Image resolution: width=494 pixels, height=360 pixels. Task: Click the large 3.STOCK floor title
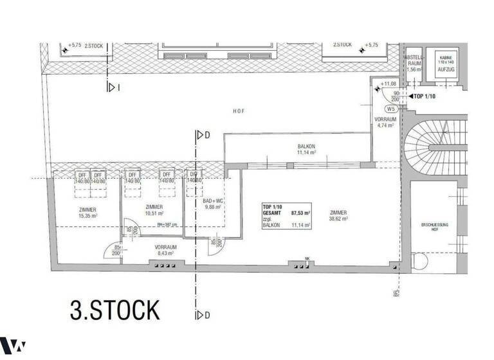tap(114, 309)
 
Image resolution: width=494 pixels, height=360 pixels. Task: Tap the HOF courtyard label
tap(239, 111)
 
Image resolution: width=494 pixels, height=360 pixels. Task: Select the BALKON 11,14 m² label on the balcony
tap(306, 150)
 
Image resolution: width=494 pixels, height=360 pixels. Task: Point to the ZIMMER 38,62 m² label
tap(338, 215)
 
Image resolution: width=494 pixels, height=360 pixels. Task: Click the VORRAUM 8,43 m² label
tap(166, 249)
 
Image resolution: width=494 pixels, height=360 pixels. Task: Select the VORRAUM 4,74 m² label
tap(387, 122)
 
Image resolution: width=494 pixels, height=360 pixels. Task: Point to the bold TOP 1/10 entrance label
tap(423, 96)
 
